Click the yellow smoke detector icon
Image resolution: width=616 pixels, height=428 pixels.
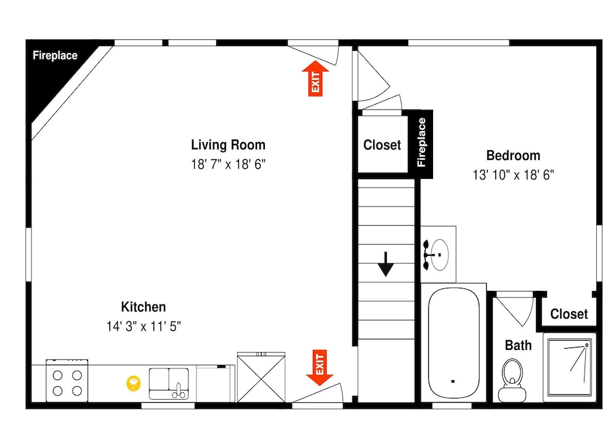134,383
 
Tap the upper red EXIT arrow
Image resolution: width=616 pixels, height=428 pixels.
315,79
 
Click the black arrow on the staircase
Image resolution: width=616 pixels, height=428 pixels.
386,264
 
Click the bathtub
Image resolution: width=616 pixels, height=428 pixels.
454,343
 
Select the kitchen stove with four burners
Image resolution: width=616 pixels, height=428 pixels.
67,381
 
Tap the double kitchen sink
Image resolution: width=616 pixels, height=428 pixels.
169,383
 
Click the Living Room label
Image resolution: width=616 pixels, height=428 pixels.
229,145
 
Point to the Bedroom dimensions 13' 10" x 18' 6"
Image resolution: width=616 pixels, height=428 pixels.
513,175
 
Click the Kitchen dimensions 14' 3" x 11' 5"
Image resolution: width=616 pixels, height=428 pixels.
144,326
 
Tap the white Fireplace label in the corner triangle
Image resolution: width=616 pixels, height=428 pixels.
55,55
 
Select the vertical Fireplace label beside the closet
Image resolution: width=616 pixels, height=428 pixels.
421,142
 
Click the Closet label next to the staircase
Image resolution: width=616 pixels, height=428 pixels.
382,145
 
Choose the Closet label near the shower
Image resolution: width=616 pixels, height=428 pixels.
569,314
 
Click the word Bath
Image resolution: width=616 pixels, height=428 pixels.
518,345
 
